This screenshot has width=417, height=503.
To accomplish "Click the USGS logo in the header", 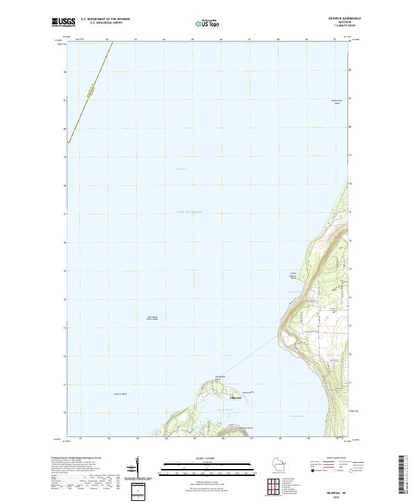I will tap(63, 22).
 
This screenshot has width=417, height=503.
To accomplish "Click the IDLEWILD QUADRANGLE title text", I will tap(336, 18).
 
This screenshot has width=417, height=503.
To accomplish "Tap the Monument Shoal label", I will tap(337, 102).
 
